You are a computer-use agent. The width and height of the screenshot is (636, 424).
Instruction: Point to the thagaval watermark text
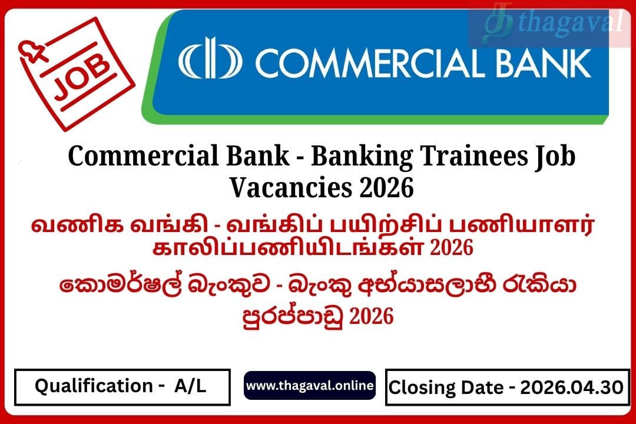[570, 22]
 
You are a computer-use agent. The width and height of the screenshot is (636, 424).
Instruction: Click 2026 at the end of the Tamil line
[452, 247]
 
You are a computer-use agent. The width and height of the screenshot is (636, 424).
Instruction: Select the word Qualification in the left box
[94, 386]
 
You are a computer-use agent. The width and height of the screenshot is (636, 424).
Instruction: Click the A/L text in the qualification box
[190, 386]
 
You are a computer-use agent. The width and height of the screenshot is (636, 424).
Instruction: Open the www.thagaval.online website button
[310, 386]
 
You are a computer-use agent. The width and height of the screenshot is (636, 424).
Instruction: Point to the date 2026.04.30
[571, 387]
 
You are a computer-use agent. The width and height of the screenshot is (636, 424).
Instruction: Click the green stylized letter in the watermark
[498, 24]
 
